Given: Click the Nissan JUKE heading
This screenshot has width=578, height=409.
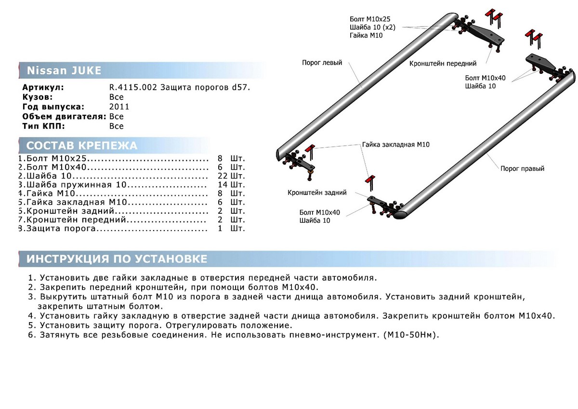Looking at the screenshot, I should (x=64, y=71).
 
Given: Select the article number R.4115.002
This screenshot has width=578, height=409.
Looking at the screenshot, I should (x=136, y=87).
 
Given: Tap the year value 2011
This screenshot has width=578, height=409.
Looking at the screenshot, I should (x=119, y=107).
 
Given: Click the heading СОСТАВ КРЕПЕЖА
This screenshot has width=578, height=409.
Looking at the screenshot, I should (x=81, y=146).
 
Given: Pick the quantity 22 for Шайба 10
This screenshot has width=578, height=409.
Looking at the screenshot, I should (x=222, y=176).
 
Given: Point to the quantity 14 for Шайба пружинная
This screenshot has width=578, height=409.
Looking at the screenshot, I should (x=222, y=185).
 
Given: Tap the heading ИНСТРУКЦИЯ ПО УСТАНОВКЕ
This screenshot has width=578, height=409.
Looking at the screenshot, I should (x=117, y=259).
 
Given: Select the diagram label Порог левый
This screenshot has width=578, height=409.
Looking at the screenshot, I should (x=322, y=63).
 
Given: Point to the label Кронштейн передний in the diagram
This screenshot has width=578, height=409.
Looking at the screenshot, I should (x=443, y=63).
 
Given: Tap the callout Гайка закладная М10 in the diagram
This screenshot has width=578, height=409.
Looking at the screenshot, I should (x=395, y=144).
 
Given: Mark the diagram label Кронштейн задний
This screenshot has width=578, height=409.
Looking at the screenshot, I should (x=317, y=192).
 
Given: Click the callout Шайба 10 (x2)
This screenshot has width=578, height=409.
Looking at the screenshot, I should (x=372, y=27).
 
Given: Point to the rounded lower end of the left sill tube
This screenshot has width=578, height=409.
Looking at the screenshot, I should (x=282, y=153).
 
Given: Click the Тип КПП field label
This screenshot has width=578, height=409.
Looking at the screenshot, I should (x=43, y=126).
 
